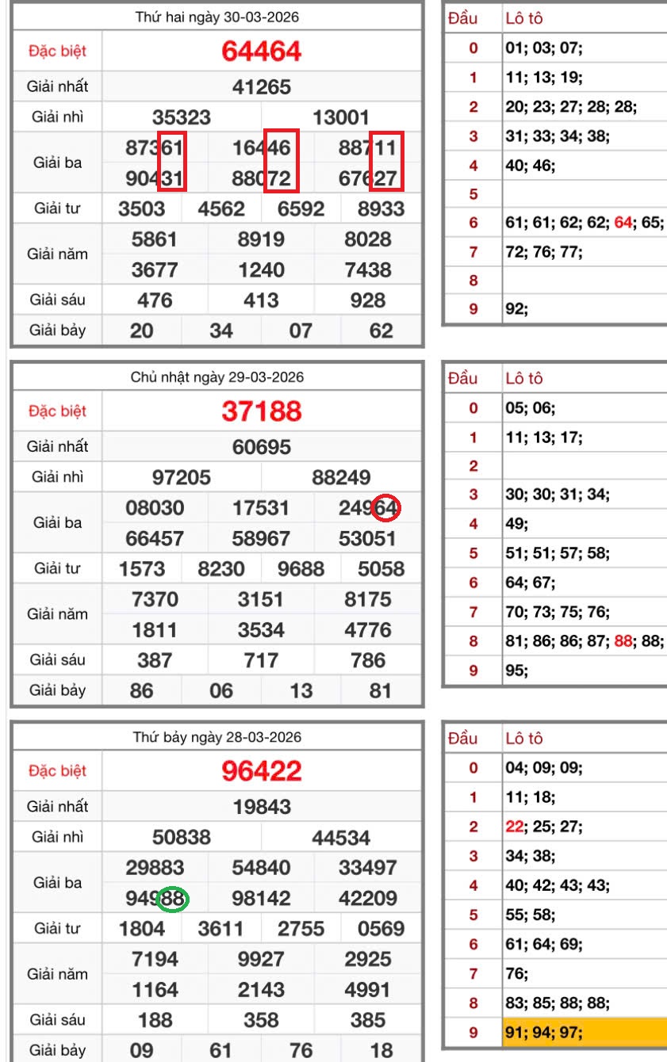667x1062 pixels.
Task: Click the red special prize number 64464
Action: click(262, 52)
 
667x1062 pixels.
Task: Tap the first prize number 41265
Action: click(262, 86)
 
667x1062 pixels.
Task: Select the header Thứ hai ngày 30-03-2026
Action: click(217, 17)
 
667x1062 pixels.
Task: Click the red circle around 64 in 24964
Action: click(386, 508)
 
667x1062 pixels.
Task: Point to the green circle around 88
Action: click(173, 898)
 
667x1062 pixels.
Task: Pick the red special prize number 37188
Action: click(262, 411)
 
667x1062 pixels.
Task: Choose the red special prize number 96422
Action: click(262, 771)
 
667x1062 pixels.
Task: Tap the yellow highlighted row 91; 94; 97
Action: click(585, 1033)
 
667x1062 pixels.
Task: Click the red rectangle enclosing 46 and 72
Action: click(281, 162)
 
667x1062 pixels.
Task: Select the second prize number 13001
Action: click(342, 118)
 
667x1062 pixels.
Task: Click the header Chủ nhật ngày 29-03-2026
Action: click(217, 377)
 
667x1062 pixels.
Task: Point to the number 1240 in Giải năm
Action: click(262, 269)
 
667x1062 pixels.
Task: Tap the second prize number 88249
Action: click(342, 477)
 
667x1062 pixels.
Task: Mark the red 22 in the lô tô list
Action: click(514, 826)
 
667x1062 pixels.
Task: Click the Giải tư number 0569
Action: click(381, 928)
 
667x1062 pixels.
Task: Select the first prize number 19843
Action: click(262, 807)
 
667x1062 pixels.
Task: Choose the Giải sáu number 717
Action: click(262, 659)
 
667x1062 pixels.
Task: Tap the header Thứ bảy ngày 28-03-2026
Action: click(217, 737)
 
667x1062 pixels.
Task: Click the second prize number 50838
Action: click(182, 838)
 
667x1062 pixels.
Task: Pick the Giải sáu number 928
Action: click(368, 300)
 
